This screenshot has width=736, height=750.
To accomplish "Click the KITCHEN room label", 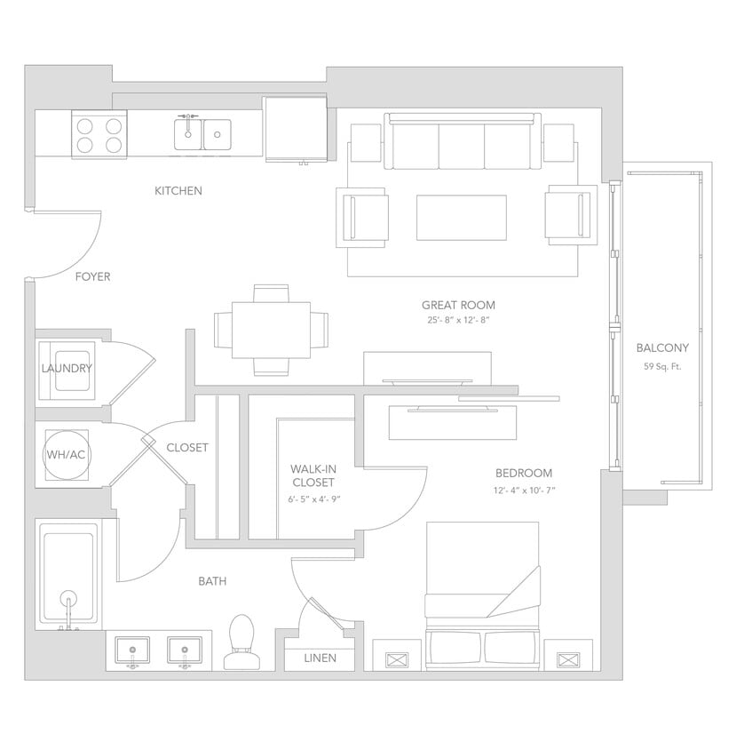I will pyautogui.click(x=178, y=191).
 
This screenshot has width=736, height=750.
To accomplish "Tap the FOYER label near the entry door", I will pyautogui.click(x=92, y=277).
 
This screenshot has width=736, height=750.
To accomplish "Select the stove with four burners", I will pyautogui.click(x=99, y=134).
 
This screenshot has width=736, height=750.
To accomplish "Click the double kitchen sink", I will pyautogui.click(x=202, y=134).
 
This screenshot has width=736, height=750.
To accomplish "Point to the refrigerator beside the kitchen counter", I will pyautogui.click(x=297, y=131).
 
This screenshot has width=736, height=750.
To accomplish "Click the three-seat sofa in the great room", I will pyautogui.click(x=462, y=142).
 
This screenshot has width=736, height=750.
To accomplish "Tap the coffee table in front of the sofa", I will pyautogui.click(x=461, y=217).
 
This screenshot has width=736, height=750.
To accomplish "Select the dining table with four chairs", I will pyautogui.click(x=271, y=330).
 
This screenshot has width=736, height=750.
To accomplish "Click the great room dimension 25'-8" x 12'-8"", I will pyautogui.click(x=458, y=321).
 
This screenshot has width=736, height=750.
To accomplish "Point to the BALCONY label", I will pyautogui.click(x=662, y=348).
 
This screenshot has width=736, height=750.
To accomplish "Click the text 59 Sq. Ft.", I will pyautogui.click(x=662, y=366).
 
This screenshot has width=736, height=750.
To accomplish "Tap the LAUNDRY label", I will pyautogui.click(x=67, y=369).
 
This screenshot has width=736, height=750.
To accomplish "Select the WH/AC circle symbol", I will pyautogui.click(x=66, y=455).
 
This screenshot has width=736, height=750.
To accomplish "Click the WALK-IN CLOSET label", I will pyautogui.click(x=312, y=475).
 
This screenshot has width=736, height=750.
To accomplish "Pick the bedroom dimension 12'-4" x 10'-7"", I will pyautogui.click(x=524, y=490).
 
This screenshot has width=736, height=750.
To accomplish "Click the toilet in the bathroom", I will pyautogui.click(x=241, y=642).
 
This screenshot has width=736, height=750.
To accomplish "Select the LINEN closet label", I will pyautogui.click(x=320, y=658).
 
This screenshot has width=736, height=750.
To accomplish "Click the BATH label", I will pyautogui.click(x=212, y=581).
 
